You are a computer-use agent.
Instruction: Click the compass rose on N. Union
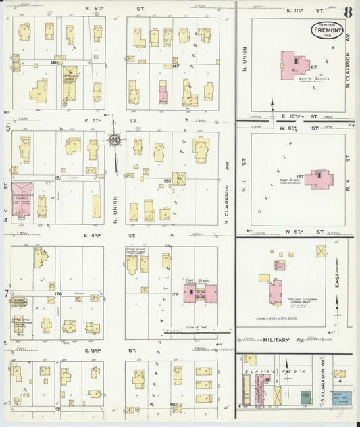click(x=114, y=141)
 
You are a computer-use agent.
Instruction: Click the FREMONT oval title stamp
click(x=328, y=30)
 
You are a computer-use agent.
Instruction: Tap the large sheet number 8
click(x=348, y=11)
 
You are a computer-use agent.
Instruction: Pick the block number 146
click(x=55, y=62)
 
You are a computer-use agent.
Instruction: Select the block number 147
click(x=175, y=66)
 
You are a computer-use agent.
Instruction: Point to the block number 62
click(x=314, y=67)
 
